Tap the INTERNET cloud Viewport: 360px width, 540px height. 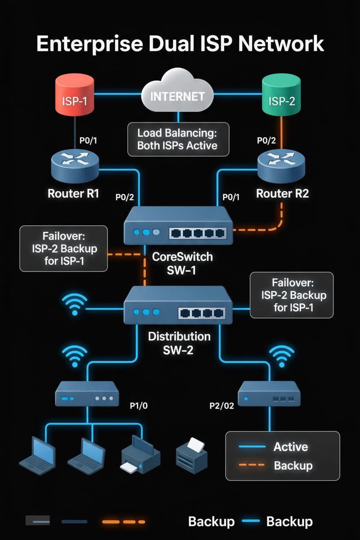tap(177, 95)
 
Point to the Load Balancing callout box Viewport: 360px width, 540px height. tap(177, 139)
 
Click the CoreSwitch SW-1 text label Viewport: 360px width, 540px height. tap(182, 264)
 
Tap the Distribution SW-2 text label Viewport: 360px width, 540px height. tap(179, 343)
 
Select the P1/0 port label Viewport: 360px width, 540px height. tap(139, 405)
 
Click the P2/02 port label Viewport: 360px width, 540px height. tap(222, 405)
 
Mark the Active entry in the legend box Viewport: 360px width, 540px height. tap(291, 447)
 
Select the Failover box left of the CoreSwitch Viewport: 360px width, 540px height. tap(63, 249)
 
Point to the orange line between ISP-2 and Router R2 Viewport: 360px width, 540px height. tap(282, 133)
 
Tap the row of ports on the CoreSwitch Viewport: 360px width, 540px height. tap(198, 233)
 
